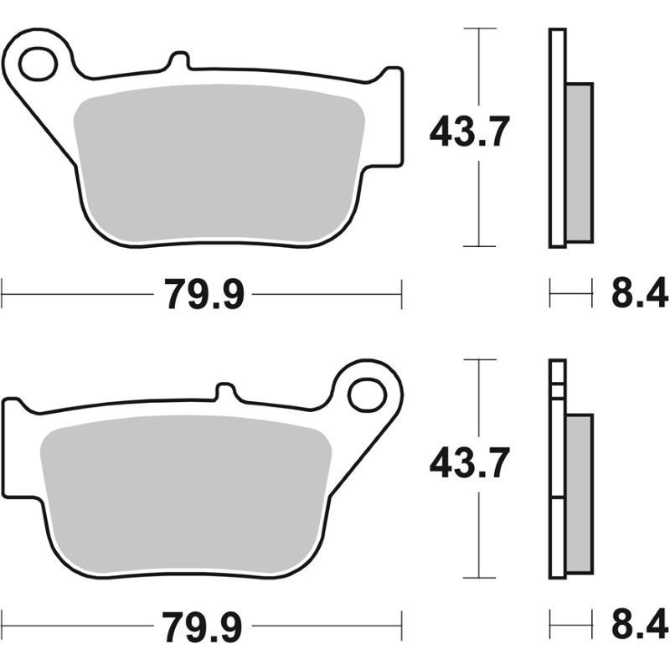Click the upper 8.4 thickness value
[638, 295]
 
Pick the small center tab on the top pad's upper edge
[177, 61]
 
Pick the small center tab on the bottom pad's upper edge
[225, 393]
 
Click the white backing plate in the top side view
[557, 138]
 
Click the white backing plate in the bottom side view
[557, 469]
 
